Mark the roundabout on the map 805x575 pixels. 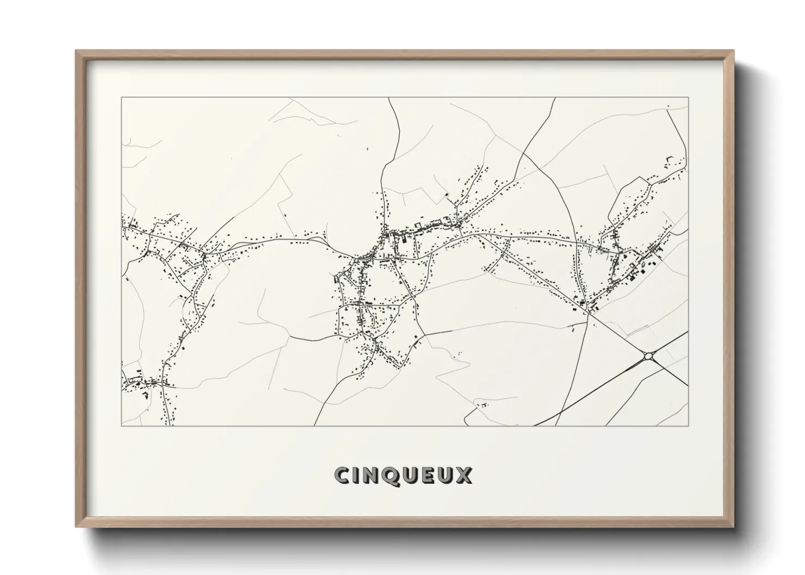coord(648,357)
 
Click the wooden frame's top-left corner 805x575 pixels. coord(76,51)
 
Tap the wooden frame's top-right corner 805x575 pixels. coord(734,51)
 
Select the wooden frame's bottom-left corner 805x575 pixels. coord(76,526)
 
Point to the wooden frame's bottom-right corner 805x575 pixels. coord(734,526)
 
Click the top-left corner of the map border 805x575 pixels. coord(121,97)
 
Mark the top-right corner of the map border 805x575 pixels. coord(689,97)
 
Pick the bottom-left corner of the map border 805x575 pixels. coord(121,426)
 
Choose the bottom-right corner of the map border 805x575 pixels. coord(689,426)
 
